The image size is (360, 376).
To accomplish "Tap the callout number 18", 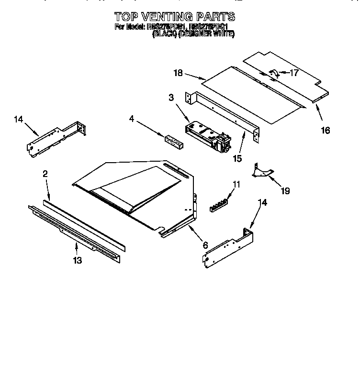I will click(x=178, y=73).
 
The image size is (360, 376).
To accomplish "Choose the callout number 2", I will click(x=45, y=174).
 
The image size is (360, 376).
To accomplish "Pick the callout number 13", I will click(x=77, y=260).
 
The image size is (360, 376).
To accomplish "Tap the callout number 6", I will click(x=205, y=245).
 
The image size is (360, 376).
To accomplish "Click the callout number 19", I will click(x=285, y=191).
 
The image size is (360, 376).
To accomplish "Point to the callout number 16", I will click(x=326, y=130).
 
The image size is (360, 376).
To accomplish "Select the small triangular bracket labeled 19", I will click(x=261, y=171).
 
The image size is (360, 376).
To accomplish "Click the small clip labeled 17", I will click(x=275, y=73).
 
